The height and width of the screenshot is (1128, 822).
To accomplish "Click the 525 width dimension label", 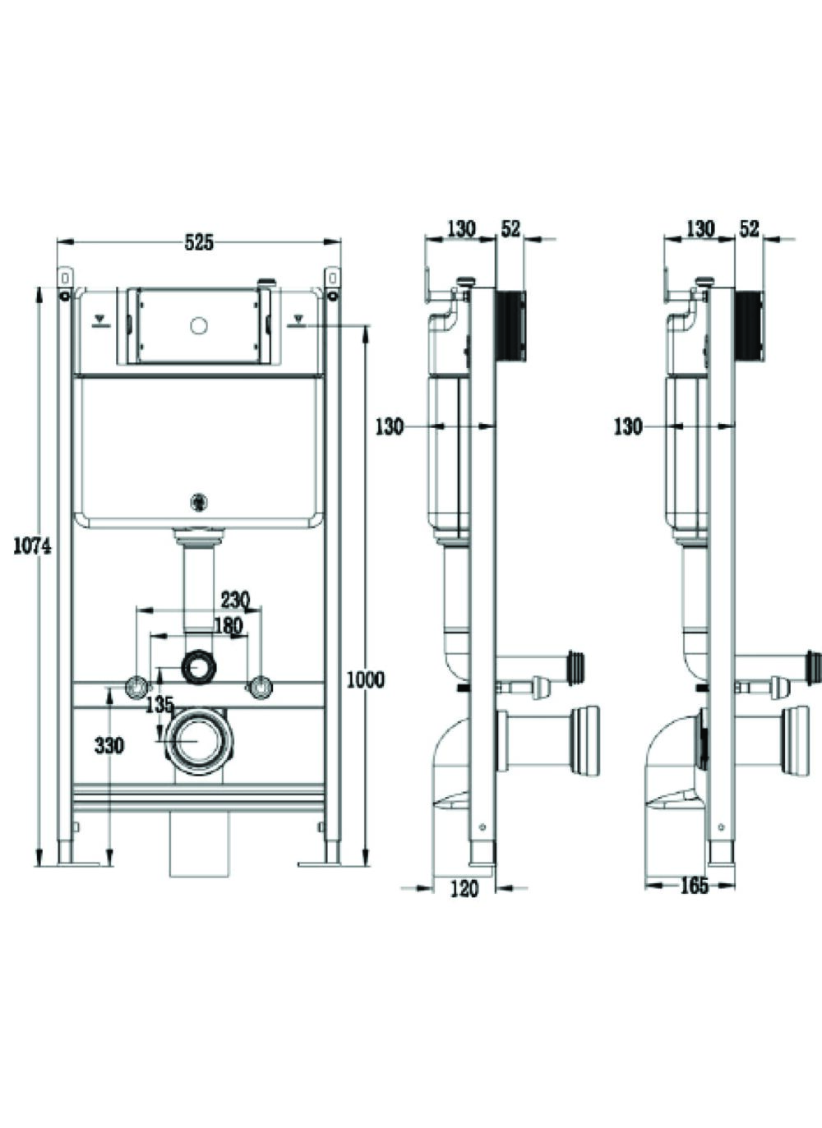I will (198, 242).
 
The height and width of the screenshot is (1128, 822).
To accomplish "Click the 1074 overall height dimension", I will (32, 545).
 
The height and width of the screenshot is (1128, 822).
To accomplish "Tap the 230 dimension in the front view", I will (234, 599).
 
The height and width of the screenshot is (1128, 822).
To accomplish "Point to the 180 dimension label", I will (227, 626).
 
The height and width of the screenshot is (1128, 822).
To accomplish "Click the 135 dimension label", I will (159, 704).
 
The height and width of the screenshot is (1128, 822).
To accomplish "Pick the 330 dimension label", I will (109, 746).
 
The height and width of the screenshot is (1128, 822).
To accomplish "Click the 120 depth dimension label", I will (464, 888).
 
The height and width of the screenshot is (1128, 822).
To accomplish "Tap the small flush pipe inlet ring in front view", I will (197, 667).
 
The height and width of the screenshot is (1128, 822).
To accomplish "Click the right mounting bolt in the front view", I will (261, 685).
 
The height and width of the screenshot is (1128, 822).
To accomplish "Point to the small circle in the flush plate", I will (197, 325).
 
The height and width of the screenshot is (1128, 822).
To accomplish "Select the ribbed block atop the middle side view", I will (510, 325).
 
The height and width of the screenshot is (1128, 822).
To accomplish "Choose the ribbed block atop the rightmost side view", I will (749, 325).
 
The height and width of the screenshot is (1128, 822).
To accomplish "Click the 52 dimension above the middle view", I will (511, 229).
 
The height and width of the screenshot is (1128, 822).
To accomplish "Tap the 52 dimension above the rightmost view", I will (749, 229).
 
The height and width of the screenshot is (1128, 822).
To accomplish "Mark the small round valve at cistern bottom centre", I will (197, 499).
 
